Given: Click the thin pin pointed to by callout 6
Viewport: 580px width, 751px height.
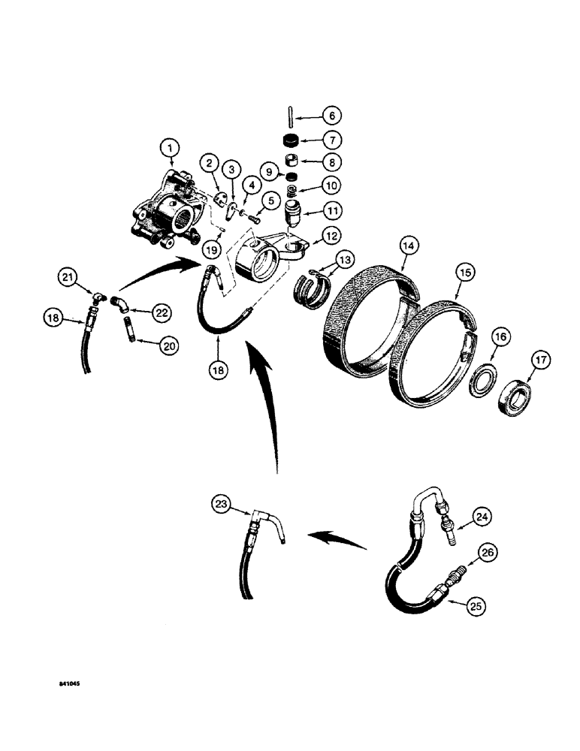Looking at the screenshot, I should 290,117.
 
